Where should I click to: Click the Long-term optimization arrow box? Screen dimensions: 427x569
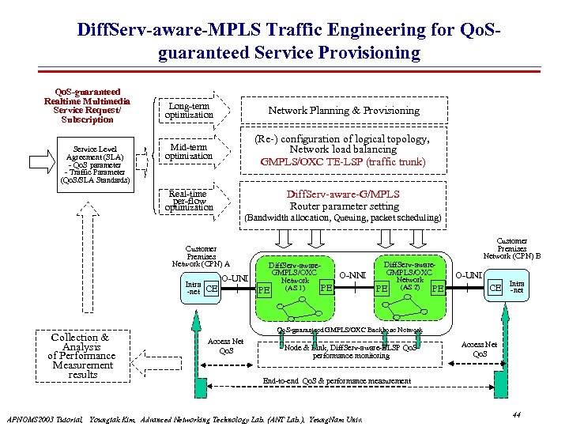[x=189, y=111]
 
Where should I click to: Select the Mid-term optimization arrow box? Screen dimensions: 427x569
[x=189, y=151]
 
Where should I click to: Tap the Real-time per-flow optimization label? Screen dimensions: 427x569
[x=188, y=201]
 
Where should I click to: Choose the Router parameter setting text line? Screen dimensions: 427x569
[x=344, y=206]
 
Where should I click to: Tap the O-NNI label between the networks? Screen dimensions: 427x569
[x=352, y=274]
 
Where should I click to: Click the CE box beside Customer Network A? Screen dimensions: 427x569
[x=211, y=289]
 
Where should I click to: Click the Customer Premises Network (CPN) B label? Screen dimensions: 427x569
[x=512, y=248]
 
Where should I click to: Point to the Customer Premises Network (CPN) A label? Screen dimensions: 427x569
[x=201, y=256]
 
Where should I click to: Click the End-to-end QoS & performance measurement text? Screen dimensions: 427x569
[x=337, y=381]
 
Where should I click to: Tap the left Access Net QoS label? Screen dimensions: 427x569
[x=225, y=346]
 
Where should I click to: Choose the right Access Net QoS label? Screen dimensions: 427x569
[x=480, y=349]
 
